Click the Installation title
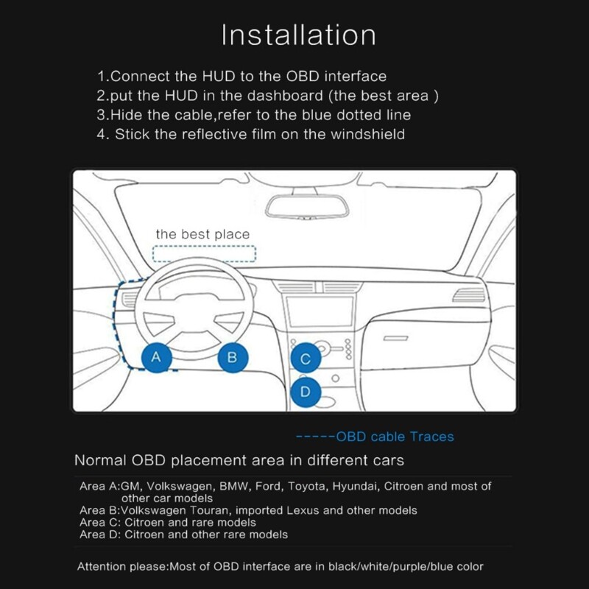(x=299, y=35)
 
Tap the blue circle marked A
(x=155, y=357)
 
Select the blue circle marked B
(x=232, y=358)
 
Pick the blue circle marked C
(x=306, y=359)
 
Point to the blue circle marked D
(x=306, y=392)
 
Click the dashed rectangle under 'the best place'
(x=204, y=254)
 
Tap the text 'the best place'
(x=202, y=234)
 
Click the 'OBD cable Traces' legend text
(x=395, y=437)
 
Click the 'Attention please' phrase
(x=122, y=566)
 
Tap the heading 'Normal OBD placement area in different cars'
(x=239, y=462)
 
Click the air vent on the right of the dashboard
(x=470, y=294)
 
